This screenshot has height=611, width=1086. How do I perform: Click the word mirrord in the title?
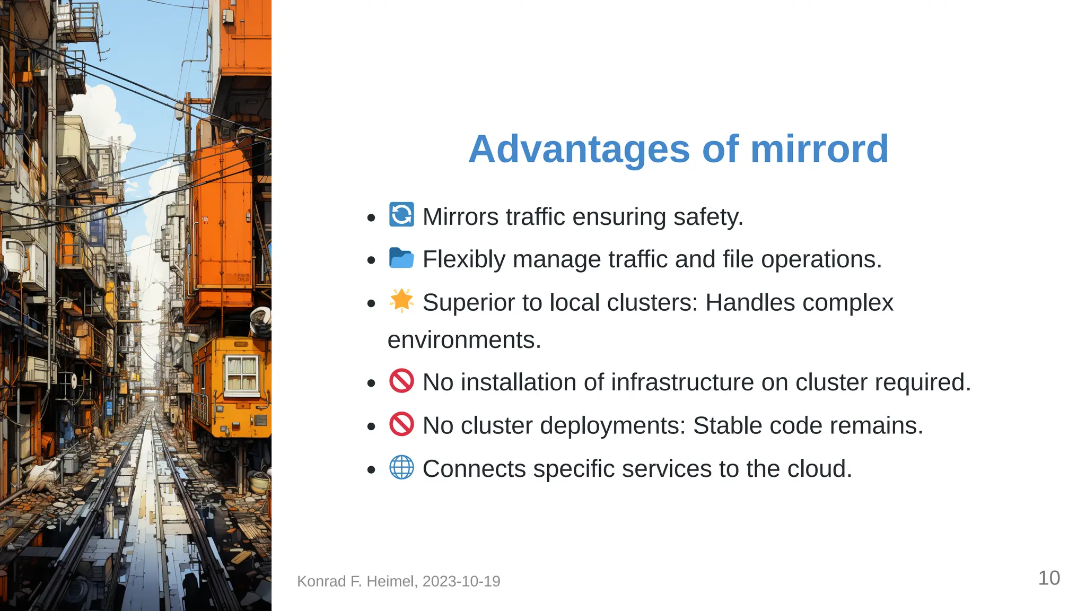pyautogui.click(x=819, y=149)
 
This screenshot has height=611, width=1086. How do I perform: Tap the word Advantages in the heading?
pyautogui.click(x=579, y=149)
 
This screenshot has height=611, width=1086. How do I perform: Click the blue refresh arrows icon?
pyautogui.click(x=401, y=215)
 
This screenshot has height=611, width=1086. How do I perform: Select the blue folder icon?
pyautogui.click(x=401, y=258)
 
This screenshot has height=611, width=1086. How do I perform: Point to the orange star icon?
pyautogui.click(x=401, y=301)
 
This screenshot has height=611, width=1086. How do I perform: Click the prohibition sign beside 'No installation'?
pyautogui.click(x=401, y=381)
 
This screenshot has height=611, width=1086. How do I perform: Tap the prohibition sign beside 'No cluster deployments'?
pyautogui.click(x=401, y=424)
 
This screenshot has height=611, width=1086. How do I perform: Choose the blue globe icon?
pyautogui.click(x=401, y=468)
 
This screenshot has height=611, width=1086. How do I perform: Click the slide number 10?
pyautogui.click(x=1048, y=578)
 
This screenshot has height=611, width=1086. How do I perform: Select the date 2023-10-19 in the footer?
pyautogui.click(x=461, y=581)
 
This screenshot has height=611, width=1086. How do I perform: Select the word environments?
pyautogui.click(x=464, y=340)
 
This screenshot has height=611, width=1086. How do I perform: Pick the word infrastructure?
pyautogui.click(x=669, y=382)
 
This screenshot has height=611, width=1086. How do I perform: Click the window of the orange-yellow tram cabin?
pyautogui.click(x=242, y=373)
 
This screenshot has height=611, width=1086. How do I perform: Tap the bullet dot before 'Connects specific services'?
pyautogui.click(x=371, y=469)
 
